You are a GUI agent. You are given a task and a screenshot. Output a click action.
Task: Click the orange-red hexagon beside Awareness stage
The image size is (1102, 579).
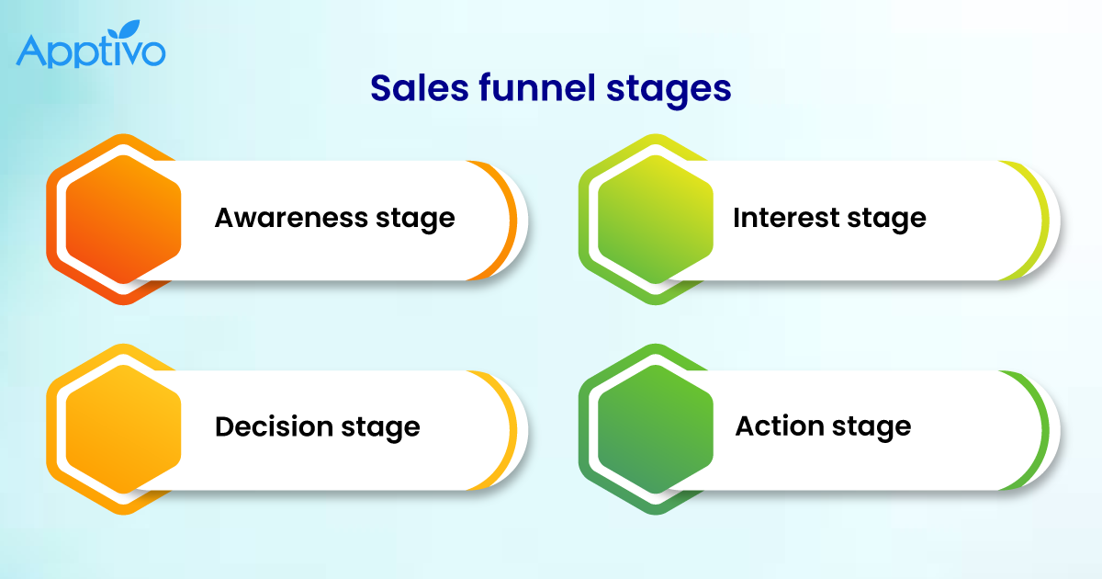click(x=123, y=220)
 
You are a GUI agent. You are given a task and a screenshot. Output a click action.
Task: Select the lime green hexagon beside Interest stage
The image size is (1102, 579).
click(x=655, y=220)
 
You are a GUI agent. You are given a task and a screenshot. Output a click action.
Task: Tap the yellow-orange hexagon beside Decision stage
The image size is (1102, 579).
click(x=123, y=428)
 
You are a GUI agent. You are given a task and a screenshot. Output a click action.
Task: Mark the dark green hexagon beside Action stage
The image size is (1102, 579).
click(x=655, y=428)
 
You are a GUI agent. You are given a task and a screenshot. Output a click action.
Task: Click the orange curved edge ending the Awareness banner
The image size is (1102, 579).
click(x=510, y=220)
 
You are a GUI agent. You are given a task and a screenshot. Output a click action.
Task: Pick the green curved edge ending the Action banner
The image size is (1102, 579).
click(x=1041, y=428)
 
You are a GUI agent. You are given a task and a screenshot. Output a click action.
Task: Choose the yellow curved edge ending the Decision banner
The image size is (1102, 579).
click(x=510, y=428)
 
